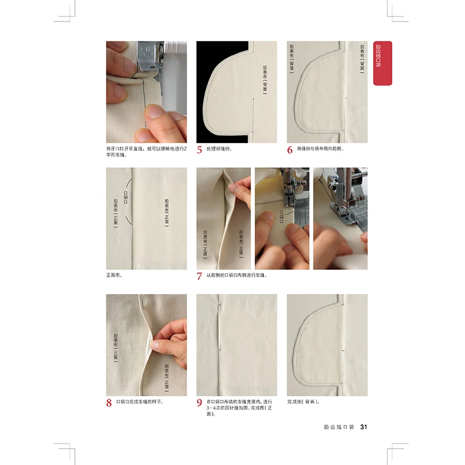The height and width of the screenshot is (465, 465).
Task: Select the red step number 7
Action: click(x=200, y=277)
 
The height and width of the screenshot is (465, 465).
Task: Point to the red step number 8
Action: click(x=109, y=403)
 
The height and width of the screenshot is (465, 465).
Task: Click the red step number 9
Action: click(x=200, y=403)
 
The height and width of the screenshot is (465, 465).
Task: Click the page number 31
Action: click(x=364, y=427)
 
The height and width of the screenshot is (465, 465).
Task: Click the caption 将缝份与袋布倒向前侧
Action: click(x=320, y=149)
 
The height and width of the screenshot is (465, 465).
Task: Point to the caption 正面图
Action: click(x=115, y=275)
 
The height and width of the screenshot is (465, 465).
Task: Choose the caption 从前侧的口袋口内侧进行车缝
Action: click(x=237, y=275)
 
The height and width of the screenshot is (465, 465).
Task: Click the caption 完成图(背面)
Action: click(x=303, y=402)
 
